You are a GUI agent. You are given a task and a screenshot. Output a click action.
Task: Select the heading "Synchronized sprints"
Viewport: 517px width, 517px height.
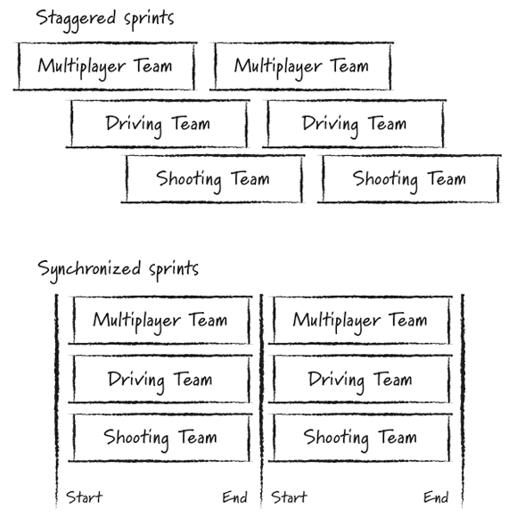[x=118, y=268]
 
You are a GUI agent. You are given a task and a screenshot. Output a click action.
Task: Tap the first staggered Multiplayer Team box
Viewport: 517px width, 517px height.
[x=105, y=66]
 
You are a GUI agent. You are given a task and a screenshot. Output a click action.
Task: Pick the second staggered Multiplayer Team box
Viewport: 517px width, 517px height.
[x=301, y=66]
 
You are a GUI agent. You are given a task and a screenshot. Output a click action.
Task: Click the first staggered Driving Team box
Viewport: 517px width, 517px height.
[x=158, y=123]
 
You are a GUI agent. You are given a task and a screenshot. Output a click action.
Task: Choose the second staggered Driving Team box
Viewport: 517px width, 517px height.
[x=355, y=123]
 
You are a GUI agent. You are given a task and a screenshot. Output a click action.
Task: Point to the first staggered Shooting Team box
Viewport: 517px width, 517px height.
[x=212, y=179]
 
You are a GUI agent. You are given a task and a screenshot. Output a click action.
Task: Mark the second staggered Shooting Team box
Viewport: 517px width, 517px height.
[x=408, y=179]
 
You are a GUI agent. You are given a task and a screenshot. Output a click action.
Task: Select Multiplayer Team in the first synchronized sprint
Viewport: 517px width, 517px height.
[x=160, y=320]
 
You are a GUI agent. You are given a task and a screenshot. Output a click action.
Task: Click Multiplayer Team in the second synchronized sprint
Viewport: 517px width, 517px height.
[x=360, y=320]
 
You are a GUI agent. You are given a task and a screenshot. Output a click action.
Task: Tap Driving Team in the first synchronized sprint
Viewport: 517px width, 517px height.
[x=160, y=380]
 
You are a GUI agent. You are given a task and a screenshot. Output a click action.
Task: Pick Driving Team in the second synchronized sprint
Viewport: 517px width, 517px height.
[x=360, y=380]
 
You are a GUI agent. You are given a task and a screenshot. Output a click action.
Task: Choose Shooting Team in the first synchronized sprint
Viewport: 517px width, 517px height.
[x=160, y=438]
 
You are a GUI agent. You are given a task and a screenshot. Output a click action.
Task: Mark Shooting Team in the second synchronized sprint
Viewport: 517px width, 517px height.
[x=360, y=438]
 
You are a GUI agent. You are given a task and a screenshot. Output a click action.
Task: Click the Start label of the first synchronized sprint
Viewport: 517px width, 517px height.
[x=85, y=496]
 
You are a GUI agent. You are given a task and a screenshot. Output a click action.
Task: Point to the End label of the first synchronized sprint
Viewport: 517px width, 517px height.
[x=234, y=496]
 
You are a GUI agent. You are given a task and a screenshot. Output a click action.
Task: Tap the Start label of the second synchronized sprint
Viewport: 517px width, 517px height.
[x=289, y=496]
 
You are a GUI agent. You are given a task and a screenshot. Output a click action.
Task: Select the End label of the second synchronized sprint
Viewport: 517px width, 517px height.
[x=436, y=496]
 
